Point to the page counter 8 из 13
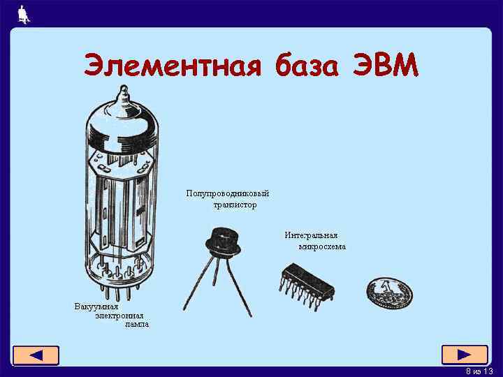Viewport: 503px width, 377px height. (x=479, y=371)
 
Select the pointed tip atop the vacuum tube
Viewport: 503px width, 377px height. (x=124, y=93)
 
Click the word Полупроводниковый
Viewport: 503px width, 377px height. (x=227, y=193)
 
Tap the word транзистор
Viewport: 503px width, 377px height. (x=235, y=205)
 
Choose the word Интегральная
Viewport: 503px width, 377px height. (x=311, y=235)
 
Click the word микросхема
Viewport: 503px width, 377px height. (x=322, y=246)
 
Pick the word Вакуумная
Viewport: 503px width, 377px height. (x=96, y=306)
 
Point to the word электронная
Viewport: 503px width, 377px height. (x=119, y=316)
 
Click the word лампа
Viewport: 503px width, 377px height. (x=136, y=325)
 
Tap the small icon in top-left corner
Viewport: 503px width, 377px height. (x=24, y=14)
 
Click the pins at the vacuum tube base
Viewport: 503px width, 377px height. (x=119, y=279)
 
